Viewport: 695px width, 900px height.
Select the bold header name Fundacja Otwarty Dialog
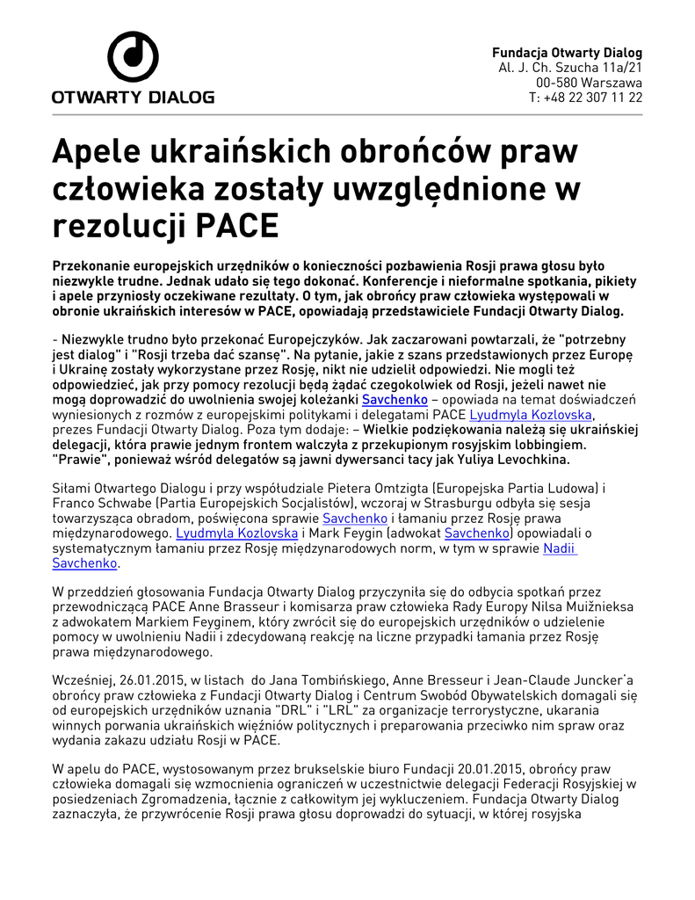click(x=567, y=52)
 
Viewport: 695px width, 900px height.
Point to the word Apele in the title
click(x=96, y=150)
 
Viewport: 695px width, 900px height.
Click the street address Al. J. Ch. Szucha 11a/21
click(x=570, y=68)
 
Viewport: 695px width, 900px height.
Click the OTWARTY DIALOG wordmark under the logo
click(x=133, y=98)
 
